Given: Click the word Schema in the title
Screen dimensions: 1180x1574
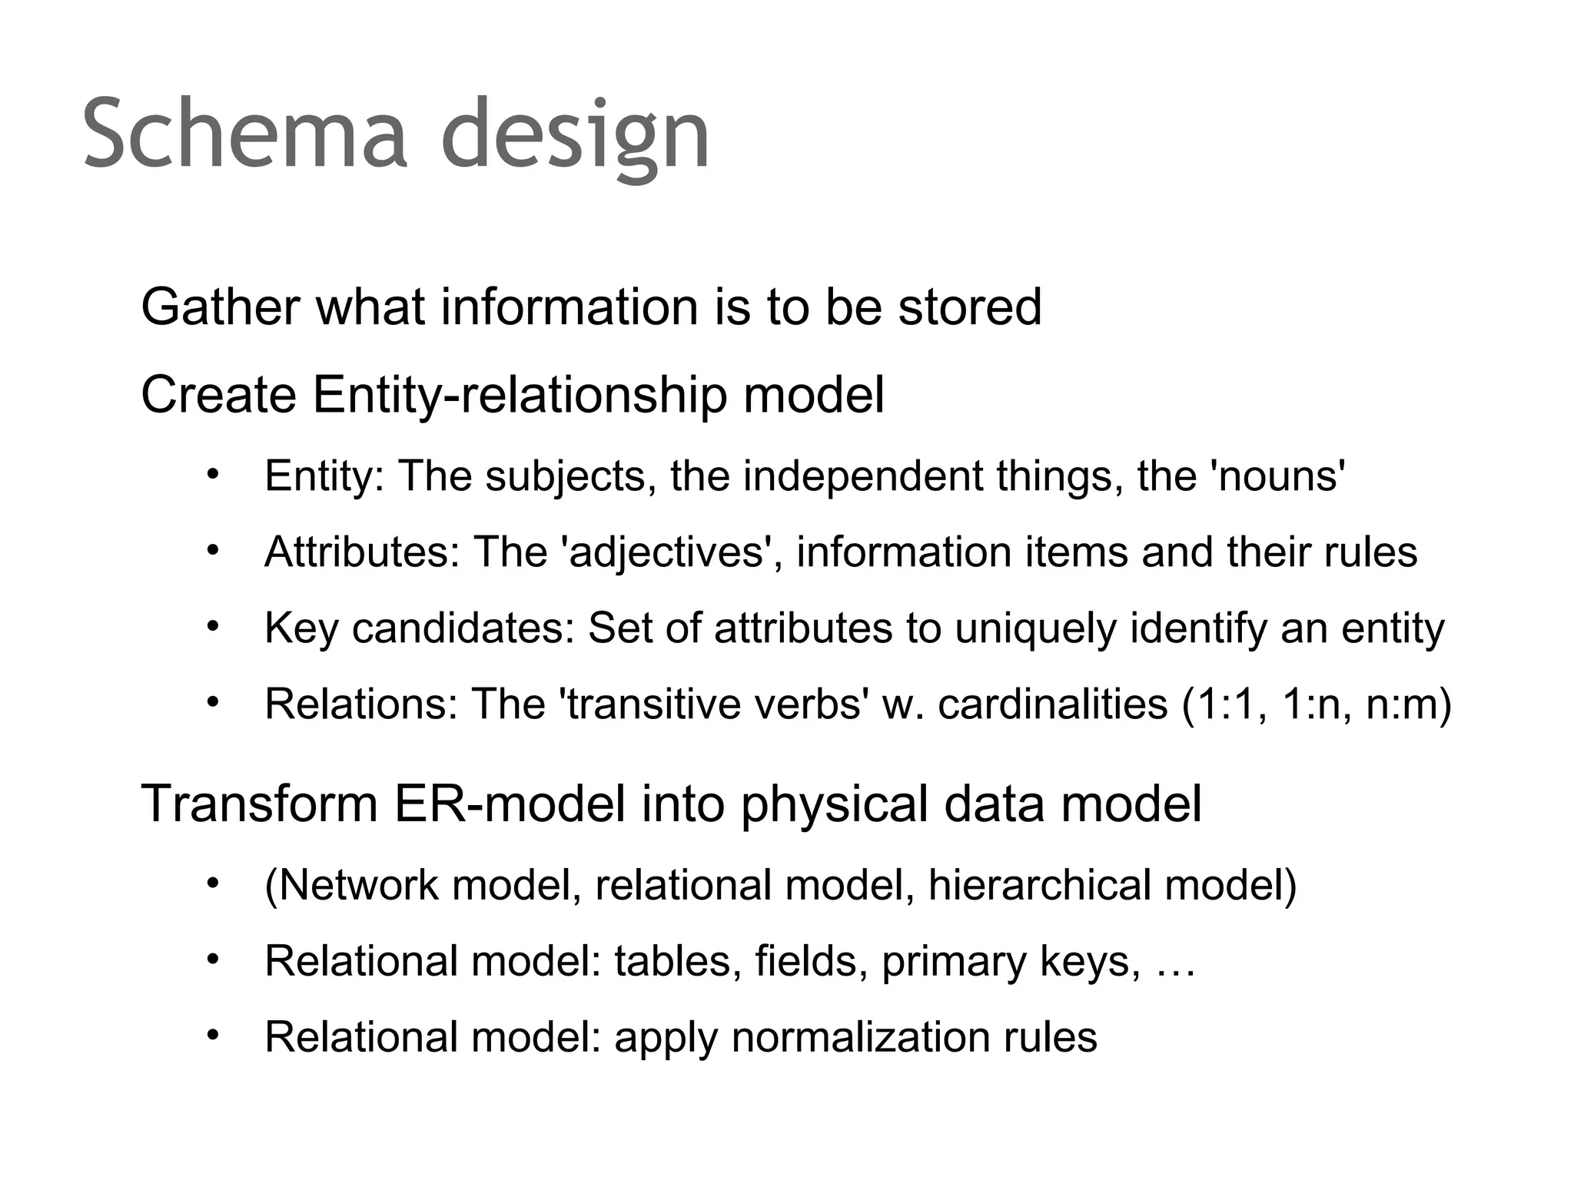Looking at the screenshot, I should (244, 134).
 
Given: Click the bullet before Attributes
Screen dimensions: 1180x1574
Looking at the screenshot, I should (213, 550).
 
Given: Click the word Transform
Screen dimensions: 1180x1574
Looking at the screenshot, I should (260, 804).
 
